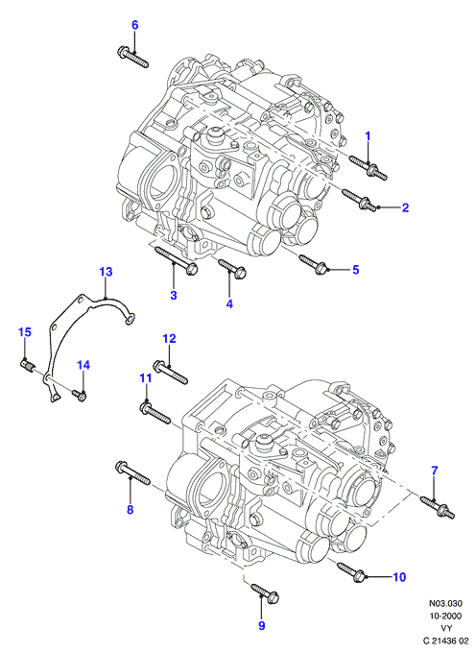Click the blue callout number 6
134,25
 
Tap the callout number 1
368,135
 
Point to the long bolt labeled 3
176,260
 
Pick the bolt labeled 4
232,269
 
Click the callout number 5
355,270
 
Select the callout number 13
106,272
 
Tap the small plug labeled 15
28,367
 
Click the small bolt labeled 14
80,396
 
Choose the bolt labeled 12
171,372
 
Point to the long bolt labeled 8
132,473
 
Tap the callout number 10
399,577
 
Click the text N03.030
445,603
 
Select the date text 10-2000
445,616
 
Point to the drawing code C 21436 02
445,641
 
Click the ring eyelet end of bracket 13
130,319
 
